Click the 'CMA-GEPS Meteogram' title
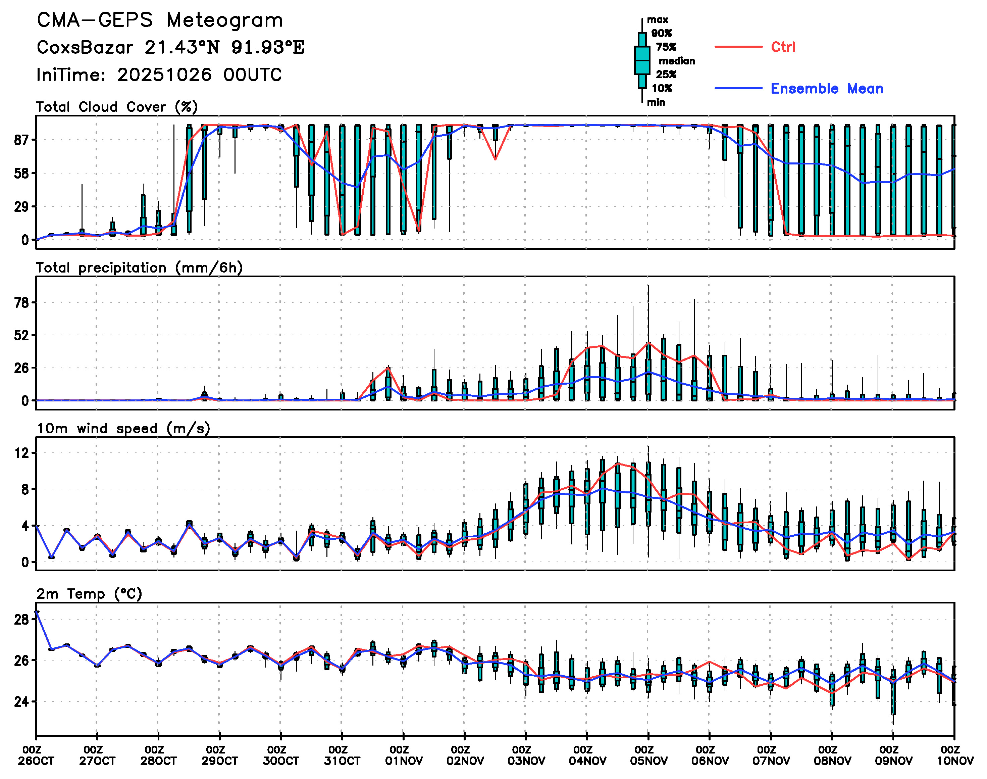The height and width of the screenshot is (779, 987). click(160, 20)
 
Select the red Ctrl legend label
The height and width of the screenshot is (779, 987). click(782, 47)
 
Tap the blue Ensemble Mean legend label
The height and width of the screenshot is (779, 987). click(827, 89)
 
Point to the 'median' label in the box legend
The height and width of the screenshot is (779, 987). click(677, 61)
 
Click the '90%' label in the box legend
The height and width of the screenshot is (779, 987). click(661, 33)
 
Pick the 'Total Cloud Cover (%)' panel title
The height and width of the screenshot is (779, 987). click(117, 107)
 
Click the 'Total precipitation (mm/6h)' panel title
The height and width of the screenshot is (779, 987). click(139, 268)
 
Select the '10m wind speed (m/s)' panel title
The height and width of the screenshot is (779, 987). click(123, 429)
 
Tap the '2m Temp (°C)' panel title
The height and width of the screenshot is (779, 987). click(89, 594)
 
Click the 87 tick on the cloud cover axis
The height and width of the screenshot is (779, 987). click(22, 140)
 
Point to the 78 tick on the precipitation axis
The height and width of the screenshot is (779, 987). click(22, 303)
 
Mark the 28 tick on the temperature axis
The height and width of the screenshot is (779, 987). click(22, 619)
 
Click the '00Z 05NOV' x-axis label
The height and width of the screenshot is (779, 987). click(648, 755)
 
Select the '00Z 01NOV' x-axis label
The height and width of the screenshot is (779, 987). click(404, 755)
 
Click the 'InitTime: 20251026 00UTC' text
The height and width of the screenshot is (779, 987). click(159, 75)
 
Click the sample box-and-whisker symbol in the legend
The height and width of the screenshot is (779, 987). click(642, 60)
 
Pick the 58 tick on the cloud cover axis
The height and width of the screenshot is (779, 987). click(22, 173)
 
